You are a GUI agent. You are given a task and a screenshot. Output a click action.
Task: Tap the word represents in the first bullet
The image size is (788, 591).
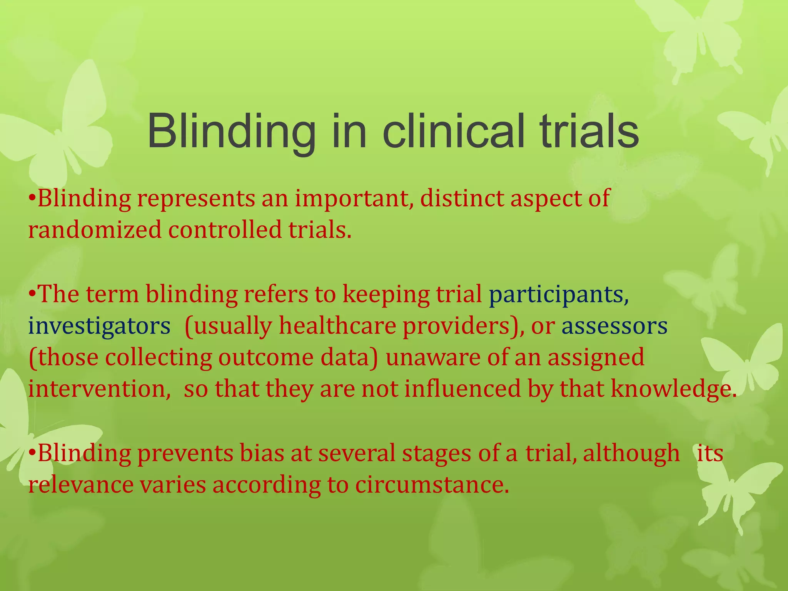coord(196,199)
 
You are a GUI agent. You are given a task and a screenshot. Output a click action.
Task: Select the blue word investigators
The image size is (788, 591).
coord(99,326)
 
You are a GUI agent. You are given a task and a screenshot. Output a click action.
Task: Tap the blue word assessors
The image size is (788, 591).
coord(614,326)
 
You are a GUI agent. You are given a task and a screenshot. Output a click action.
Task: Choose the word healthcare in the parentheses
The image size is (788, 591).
coord(337,326)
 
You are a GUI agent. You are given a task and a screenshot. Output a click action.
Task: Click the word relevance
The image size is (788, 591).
coord(80,485)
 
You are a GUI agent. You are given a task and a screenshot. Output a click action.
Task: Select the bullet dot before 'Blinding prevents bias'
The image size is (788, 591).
coord(33,452)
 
